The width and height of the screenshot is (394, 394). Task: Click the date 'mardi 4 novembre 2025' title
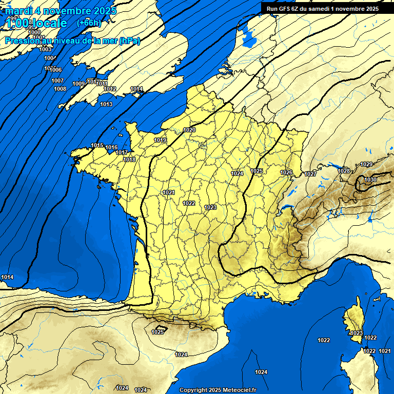(61, 11)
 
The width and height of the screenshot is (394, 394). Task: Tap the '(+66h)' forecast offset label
(89, 23)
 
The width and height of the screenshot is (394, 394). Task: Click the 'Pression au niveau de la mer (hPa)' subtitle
(72, 41)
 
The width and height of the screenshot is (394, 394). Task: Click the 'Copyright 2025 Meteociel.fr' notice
(218, 390)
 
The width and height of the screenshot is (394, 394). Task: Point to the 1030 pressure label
(370, 180)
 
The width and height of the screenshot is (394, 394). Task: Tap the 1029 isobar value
(366, 164)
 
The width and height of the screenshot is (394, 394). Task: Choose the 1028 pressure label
(344, 171)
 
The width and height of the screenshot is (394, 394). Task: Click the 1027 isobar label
(310, 174)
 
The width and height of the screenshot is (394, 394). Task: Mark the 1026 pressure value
(286, 172)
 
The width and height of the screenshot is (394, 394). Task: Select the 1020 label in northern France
(189, 130)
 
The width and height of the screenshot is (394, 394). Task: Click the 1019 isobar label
(160, 140)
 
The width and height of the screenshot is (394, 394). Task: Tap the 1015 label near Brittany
(97, 145)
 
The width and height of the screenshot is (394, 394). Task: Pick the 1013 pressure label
(106, 104)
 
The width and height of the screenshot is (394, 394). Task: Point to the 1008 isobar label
(60, 89)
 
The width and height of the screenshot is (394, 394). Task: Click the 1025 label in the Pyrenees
(158, 332)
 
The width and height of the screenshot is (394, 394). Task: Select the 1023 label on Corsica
(357, 333)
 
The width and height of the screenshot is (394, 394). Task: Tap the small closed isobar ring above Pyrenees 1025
(161, 327)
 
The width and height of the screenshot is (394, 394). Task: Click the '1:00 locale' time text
(37, 23)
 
